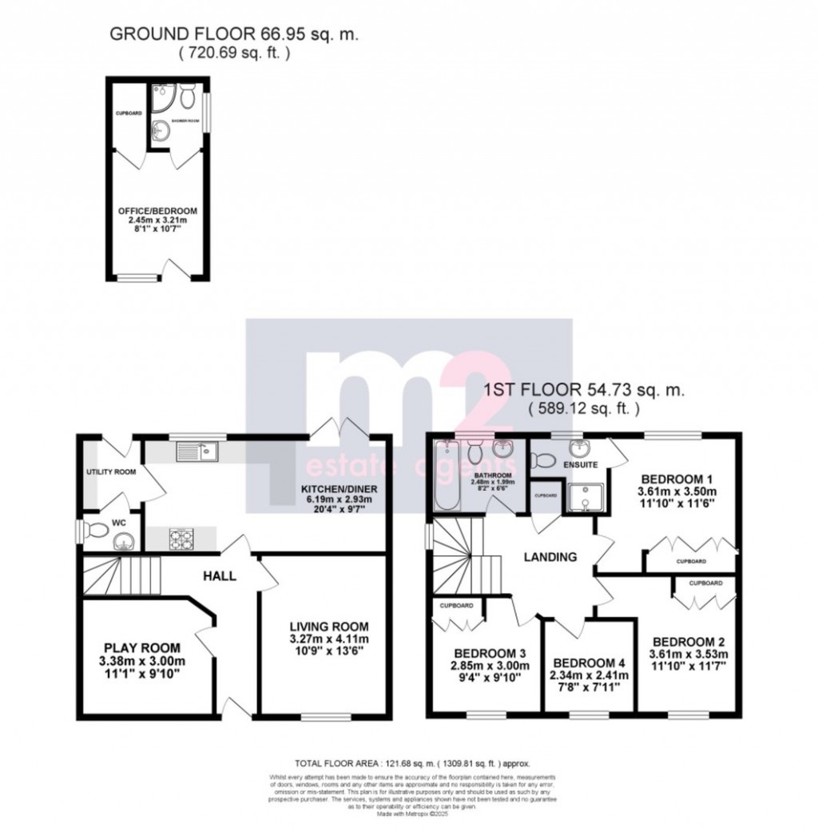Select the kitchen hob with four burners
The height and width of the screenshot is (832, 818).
point(181,539)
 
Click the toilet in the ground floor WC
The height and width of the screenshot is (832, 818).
point(96,528)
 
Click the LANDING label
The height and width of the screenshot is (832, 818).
point(551,557)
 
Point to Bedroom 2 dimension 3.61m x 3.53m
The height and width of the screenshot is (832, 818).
point(688,655)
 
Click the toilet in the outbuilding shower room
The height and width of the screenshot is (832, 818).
point(186,98)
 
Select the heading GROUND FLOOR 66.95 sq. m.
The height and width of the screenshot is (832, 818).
point(234,34)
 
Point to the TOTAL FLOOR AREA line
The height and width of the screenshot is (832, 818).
point(412,764)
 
